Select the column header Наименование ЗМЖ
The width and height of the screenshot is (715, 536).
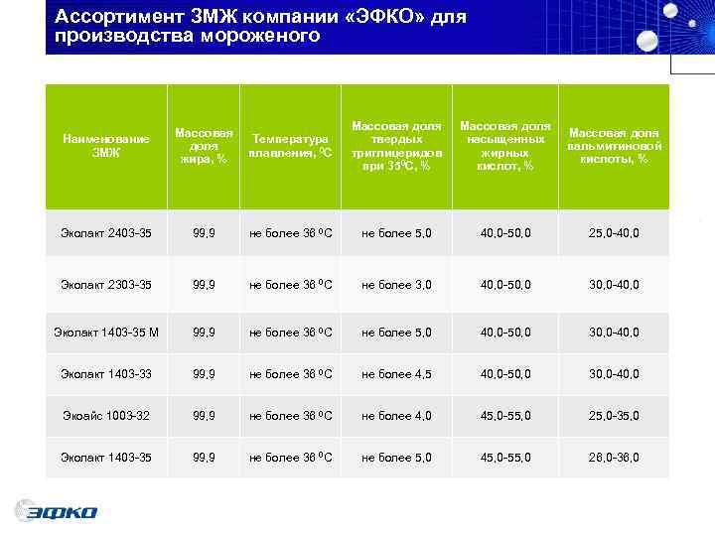[x=105, y=146]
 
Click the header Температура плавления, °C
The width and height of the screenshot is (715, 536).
[x=291, y=146]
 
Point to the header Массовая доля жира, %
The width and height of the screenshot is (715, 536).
[x=204, y=146]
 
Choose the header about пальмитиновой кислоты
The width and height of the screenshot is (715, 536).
[x=614, y=146]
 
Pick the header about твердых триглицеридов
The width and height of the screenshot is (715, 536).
[x=396, y=146]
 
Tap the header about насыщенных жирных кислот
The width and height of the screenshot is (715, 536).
[x=505, y=146]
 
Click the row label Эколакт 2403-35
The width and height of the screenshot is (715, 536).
[x=105, y=233]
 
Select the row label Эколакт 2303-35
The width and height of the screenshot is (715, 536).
[x=105, y=285]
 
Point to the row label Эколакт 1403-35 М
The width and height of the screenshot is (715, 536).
[x=105, y=332]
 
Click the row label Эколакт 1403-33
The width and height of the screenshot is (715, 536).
[x=105, y=374]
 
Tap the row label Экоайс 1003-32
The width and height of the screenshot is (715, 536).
[x=105, y=416]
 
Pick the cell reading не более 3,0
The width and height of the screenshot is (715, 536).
[x=396, y=285]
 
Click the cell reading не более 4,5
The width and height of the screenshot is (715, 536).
[x=396, y=374]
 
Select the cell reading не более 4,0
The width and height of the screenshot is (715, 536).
[x=396, y=416]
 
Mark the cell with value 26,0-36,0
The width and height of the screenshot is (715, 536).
[x=614, y=459]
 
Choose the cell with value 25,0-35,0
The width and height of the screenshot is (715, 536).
[x=614, y=416]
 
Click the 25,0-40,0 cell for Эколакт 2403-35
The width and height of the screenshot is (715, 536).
[x=614, y=233]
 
